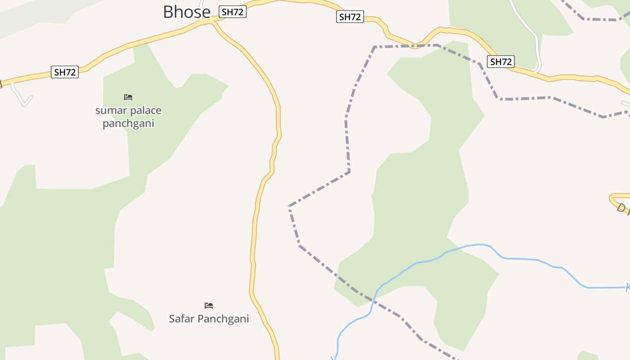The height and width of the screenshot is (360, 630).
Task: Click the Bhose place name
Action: point(186,12)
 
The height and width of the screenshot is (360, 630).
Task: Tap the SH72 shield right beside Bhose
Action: point(232,12)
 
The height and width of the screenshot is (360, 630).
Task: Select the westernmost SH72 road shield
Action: point(65,72)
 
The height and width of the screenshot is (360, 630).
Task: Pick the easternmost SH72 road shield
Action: point(500,62)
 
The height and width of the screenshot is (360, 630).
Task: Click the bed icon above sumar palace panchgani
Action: point(128,97)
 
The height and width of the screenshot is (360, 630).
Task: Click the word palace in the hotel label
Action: point(146,111)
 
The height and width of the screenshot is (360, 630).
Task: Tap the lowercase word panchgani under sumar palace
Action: point(128,123)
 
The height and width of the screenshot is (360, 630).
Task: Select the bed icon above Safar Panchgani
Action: point(209,306)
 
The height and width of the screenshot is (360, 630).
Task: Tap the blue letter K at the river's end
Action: point(628,288)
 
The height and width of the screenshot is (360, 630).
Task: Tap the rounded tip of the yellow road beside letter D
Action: point(612,198)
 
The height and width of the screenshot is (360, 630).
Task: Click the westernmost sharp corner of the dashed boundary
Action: point(289,206)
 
